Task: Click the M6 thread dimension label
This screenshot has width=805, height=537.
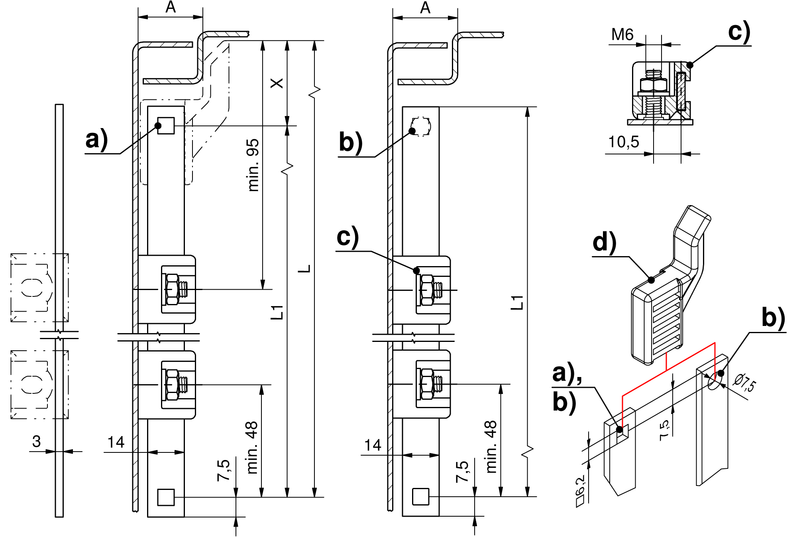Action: pyautogui.click(x=622, y=35)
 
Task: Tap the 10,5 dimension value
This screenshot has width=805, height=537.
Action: pyautogui.click(x=623, y=142)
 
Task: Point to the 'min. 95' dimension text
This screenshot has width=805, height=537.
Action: pyautogui.click(x=253, y=165)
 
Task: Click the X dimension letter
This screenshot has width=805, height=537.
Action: pyautogui.click(x=277, y=83)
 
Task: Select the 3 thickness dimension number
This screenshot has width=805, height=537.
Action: pyautogui.click(x=37, y=441)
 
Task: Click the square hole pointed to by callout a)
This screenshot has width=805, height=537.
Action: pyautogui.click(x=166, y=126)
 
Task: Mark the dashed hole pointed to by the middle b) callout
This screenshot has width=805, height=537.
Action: pyautogui.click(x=421, y=127)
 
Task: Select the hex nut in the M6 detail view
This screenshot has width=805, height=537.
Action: pyautogui.click(x=654, y=85)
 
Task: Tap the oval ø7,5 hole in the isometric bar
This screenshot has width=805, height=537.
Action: pyautogui.click(x=715, y=381)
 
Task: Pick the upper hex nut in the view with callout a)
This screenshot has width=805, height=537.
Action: pyautogui.click(x=173, y=289)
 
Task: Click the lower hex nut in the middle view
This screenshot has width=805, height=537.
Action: pyautogui.click(x=427, y=384)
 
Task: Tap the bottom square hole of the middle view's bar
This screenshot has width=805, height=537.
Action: pyautogui.click(x=421, y=496)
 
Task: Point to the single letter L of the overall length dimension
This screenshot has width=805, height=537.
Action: pyautogui.click(x=304, y=268)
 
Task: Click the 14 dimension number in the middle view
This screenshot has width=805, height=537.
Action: pyautogui.click(x=373, y=445)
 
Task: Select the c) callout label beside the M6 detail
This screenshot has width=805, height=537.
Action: pyautogui.click(x=739, y=32)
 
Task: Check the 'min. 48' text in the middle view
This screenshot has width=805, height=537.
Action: pyautogui.click(x=491, y=447)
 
